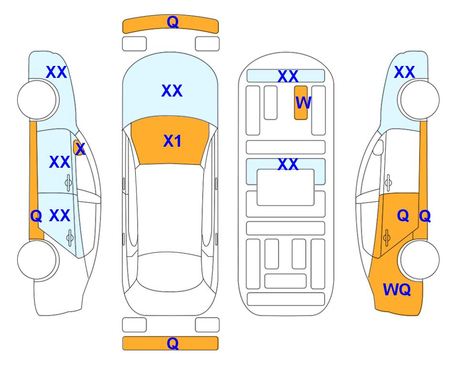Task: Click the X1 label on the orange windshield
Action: (172, 141)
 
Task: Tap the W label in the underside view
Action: (303, 102)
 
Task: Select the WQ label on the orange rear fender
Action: (396, 290)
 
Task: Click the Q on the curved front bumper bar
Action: (172, 22)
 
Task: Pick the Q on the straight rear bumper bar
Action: (172, 343)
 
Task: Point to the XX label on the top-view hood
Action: (172, 90)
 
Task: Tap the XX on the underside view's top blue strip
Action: (288, 76)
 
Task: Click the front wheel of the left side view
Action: (37, 100)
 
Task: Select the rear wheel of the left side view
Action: (37, 259)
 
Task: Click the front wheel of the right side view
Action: (420, 100)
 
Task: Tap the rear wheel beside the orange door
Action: (420, 259)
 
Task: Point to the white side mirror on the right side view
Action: (378, 147)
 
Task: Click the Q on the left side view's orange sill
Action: (36, 216)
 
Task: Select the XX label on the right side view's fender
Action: (405, 72)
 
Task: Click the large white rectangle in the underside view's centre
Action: (286, 187)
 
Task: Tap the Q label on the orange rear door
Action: (403, 216)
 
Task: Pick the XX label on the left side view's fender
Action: (57, 72)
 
